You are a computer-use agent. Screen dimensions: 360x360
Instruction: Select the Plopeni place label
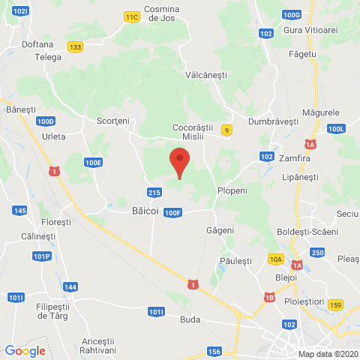232,190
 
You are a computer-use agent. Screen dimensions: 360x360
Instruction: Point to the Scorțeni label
113,120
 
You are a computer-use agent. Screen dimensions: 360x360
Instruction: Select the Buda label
190,318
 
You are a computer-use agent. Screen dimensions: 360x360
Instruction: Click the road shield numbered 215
154,193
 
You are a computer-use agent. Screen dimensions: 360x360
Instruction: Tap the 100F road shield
173,213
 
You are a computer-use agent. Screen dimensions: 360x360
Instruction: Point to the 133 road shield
74,46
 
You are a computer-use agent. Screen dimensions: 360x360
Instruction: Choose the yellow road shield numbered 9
226,130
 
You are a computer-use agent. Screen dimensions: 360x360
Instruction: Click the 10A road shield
276,259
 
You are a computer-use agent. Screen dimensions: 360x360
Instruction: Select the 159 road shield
335,304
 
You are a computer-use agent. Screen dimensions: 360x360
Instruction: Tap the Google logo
25,350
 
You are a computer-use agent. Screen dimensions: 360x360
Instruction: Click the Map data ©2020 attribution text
328,354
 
